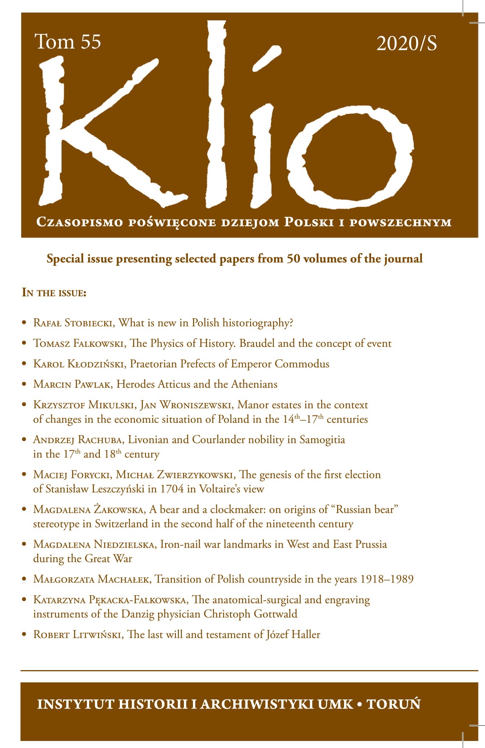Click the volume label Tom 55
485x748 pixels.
pos(68,42)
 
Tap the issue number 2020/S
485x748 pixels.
pos(406,43)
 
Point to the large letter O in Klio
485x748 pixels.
pos(350,157)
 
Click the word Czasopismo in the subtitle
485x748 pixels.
pos(79,222)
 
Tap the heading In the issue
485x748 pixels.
pos(54,293)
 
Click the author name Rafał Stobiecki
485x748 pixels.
pos(74,323)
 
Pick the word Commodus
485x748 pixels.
pos(302,364)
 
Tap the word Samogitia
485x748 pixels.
pos(322,440)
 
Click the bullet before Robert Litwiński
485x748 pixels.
pos(24,634)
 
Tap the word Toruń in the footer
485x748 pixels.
pos(393,704)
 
